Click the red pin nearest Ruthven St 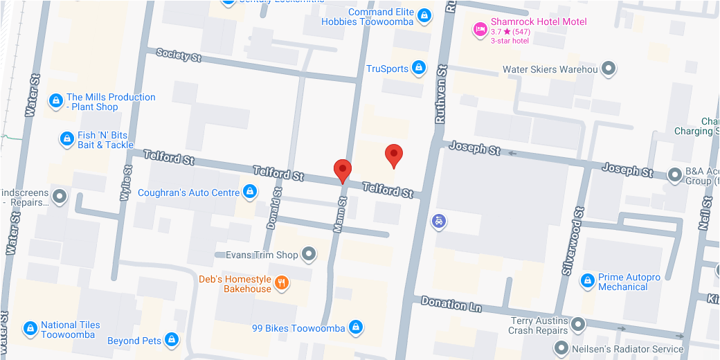click(x=394, y=155)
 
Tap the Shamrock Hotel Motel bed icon click(x=479, y=28)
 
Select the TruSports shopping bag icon click(x=418, y=68)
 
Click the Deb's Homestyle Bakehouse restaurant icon click(x=281, y=282)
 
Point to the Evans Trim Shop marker click(x=309, y=255)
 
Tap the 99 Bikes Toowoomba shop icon click(x=355, y=327)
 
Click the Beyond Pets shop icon click(x=172, y=340)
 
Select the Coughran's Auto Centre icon click(x=250, y=192)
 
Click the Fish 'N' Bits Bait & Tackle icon click(x=66, y=139)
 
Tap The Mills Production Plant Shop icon click(x=55, y=101)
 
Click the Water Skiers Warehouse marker click(x=608, y=69)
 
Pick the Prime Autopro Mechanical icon click(x=588, y=281)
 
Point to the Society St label click(x=179, y=55)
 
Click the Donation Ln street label click(x=451, y=303)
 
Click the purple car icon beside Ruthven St click(x=438, y=221)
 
